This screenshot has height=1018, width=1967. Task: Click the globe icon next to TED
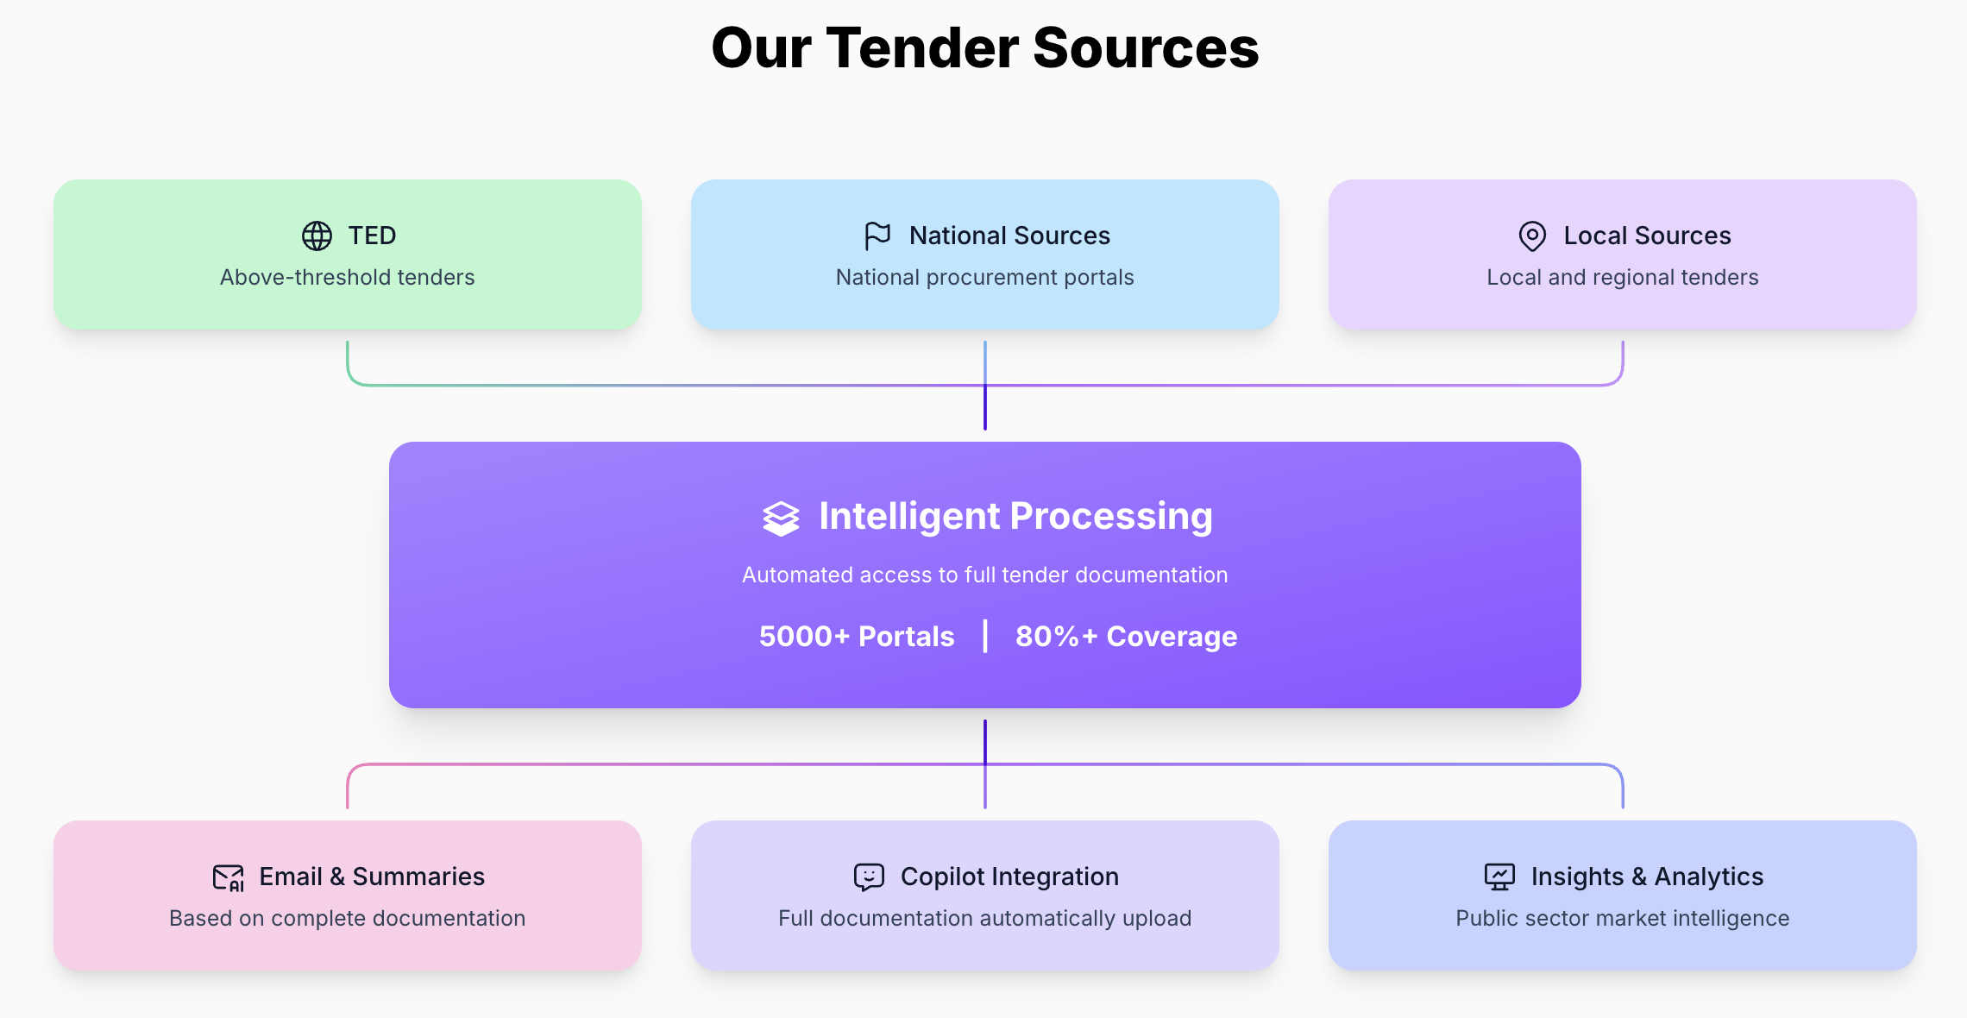[317, 236]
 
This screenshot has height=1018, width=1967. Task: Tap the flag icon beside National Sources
[877, 236]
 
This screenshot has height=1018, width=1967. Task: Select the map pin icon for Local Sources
[1532, 236]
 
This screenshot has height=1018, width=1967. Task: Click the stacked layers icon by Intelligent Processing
[781, 518]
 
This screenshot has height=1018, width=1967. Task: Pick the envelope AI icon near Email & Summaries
[229, 877]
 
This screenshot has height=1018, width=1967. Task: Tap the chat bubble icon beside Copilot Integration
[869, 877]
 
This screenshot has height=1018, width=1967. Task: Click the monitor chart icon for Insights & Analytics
[1499, 877]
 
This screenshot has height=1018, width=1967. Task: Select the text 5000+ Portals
[857, 637]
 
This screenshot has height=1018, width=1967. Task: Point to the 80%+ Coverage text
[1126, 637]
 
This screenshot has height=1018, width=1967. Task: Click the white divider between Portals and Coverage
[985, 636]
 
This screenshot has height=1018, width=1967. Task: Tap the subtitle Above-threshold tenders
[347, 277]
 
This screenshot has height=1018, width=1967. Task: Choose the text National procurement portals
[984, 277]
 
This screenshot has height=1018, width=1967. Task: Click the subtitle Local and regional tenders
[1622, 277]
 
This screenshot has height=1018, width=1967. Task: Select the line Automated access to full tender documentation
[984, 575]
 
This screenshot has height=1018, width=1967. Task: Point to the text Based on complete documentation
[347, 918]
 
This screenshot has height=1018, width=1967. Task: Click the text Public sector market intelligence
[1622, 918]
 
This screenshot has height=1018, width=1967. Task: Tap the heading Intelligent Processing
[1015, 516]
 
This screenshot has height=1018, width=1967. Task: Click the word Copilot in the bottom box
[942, 877]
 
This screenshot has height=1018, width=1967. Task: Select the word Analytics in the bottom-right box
[1708, 877]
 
